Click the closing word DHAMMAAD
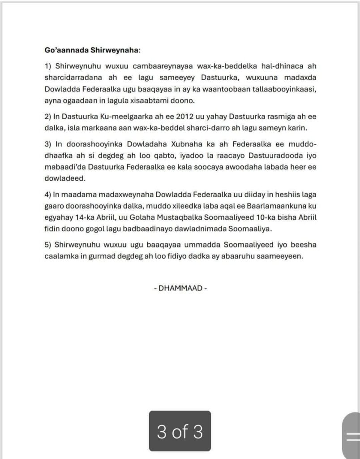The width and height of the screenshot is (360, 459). pos(180,288)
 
